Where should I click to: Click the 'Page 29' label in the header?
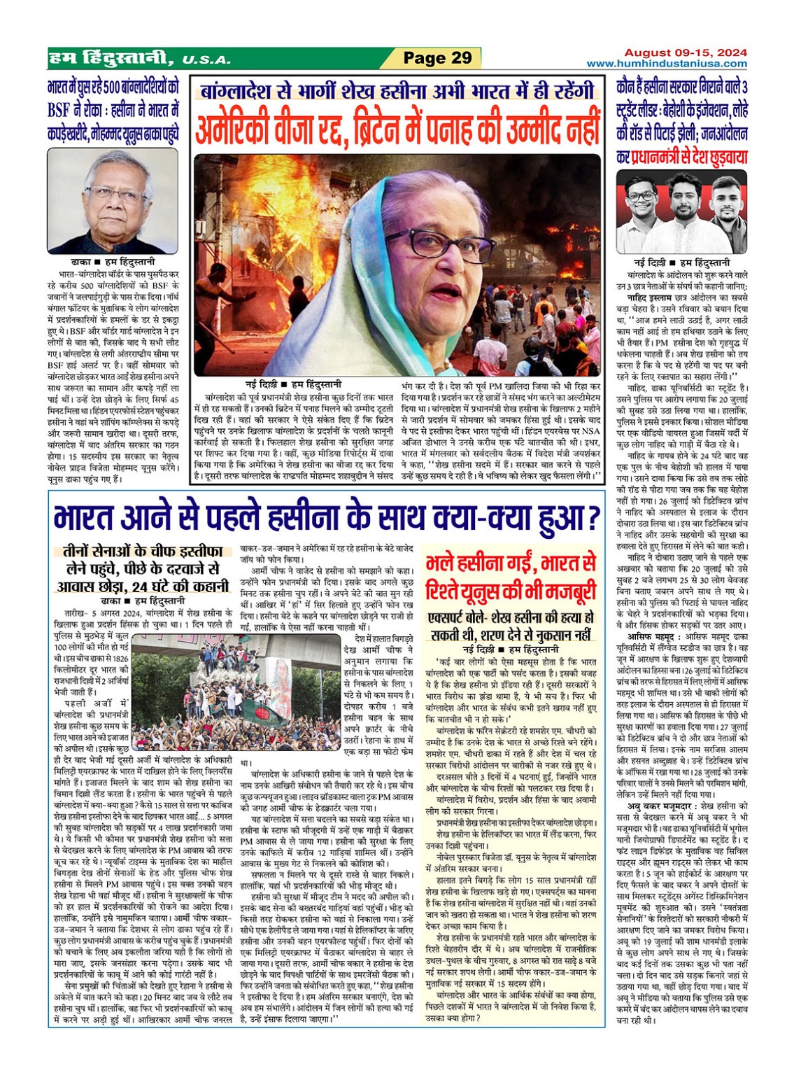[438, 58]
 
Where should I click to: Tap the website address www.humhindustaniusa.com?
[666, 64]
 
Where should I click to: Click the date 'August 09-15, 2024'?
[685, 52]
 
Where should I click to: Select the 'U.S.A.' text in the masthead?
[206, 60]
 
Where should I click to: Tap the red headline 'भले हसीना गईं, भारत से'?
[510, 563]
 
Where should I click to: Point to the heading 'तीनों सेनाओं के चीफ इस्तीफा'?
[143, 550]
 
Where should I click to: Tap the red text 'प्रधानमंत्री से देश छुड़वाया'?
[689, 157]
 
